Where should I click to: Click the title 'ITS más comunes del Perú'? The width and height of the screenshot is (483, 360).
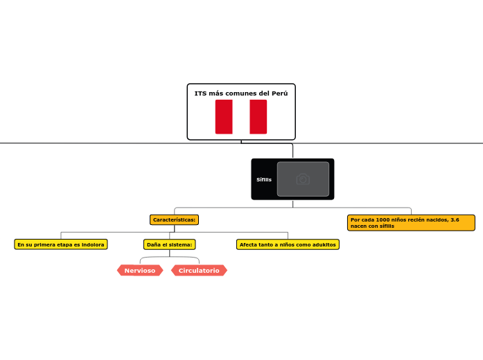point(240,93)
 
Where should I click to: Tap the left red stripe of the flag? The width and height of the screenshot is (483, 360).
point(224,116)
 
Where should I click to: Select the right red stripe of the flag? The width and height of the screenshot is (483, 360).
point(258,116)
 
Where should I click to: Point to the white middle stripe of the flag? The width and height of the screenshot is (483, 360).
point(241,116)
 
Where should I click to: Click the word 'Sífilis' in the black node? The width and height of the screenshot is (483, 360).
point(264,179)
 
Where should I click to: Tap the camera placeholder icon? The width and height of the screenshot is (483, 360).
point(303,179)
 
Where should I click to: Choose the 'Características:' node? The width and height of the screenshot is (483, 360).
point(174,219)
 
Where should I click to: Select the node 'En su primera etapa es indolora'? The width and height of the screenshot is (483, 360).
point(61,244)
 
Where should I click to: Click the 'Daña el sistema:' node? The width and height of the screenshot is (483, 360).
point(169,244)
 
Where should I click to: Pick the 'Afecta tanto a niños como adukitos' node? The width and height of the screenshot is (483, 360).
point(288,244)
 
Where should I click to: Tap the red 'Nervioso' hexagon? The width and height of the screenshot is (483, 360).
point(140,271)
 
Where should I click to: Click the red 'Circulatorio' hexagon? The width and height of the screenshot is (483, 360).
point(199,271)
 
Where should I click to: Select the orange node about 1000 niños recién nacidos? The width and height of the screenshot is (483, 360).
point(411,222)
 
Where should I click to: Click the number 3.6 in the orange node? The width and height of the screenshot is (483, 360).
point(454,219)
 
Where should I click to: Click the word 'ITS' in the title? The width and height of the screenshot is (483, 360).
point(200,93)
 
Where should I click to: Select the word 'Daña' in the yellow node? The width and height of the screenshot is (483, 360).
point(153,244)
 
